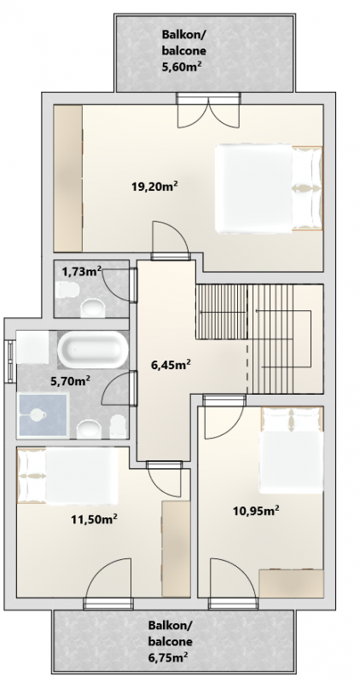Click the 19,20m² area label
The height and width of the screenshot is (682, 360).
(x=155, y=187)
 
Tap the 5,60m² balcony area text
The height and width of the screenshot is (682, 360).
(x=182, y=66)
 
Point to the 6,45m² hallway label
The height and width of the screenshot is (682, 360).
(x=171, y=365)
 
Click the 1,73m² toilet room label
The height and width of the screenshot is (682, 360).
(x=81, y=272)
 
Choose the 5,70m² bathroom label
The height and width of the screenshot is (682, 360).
(x=71, y=381)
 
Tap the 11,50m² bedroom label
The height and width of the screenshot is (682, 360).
(x=95, y=518)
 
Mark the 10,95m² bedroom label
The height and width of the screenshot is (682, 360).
(x=256, y=511)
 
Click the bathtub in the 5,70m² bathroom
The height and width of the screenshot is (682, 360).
(x=93, y=350)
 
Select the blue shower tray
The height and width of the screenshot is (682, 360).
(x=43, y=415)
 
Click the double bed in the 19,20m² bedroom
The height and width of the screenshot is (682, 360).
(x=269, y=188)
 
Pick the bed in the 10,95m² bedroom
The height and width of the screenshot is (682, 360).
(x=291, y=451)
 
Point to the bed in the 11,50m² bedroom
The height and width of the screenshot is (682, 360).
(x=67, y=477)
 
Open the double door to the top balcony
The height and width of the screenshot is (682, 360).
(x=208, y=110)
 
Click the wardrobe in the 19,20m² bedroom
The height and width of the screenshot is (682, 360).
(x=68, y=178)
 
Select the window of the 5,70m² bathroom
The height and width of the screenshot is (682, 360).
(x=9, y=361)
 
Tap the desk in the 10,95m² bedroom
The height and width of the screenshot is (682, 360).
(x=291, y=583)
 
